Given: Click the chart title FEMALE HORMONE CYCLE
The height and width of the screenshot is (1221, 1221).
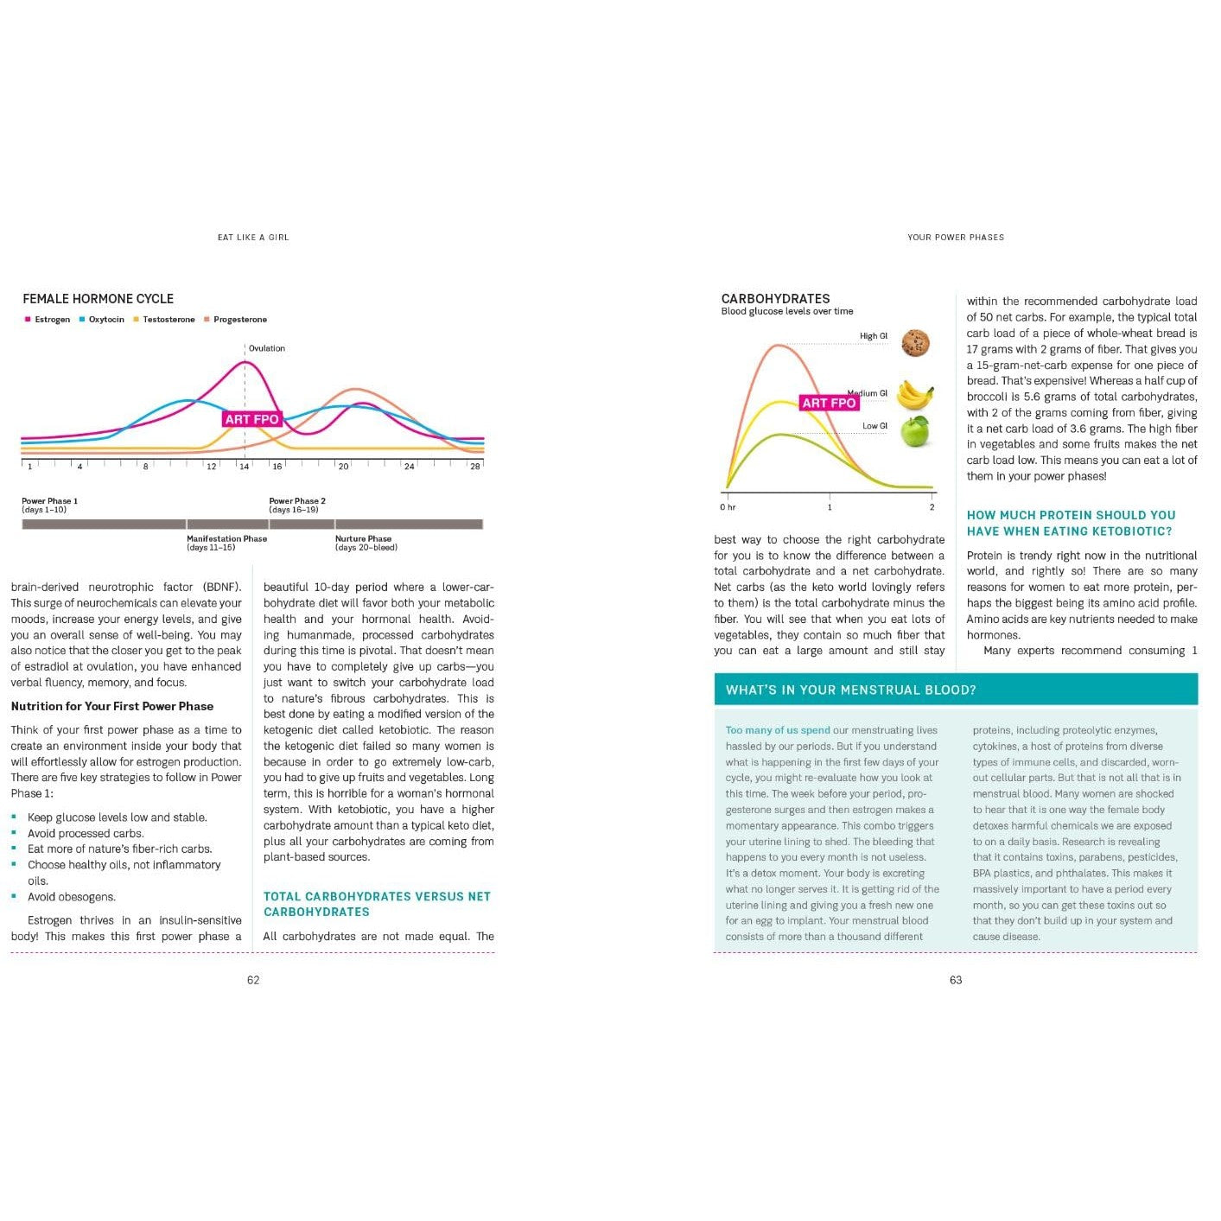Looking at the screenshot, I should click(98, 299).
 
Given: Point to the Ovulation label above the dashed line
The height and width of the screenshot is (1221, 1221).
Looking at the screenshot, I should click(266, 348).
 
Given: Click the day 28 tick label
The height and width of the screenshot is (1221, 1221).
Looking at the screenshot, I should click(474, 467).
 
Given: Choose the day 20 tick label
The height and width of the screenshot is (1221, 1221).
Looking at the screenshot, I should click(343, 467).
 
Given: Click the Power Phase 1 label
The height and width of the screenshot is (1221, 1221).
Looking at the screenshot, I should click(49, 501).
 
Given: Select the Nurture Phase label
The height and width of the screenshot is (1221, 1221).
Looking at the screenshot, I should click(363, 539).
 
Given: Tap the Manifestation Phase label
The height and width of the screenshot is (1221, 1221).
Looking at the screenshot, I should click(226, 539).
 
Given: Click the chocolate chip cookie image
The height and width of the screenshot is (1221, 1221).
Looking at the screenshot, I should click(915, 343).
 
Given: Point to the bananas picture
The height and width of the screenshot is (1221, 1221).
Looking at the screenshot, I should click(914, 395).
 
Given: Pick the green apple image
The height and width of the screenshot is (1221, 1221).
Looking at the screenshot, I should click(915, 430).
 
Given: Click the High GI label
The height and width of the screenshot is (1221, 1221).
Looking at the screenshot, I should click(873, 336).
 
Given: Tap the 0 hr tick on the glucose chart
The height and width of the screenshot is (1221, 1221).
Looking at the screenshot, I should click(728, 507).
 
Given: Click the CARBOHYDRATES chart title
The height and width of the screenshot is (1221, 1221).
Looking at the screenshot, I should click(775, 299).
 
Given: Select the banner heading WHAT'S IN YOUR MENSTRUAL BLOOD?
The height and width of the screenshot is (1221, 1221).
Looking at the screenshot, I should click(850, 690).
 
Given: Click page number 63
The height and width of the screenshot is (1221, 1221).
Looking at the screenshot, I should click(956, 980).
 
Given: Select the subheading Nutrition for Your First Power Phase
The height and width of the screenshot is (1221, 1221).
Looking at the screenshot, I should click(112, 706).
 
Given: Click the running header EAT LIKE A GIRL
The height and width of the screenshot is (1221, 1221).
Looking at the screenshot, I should click(253, 238).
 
